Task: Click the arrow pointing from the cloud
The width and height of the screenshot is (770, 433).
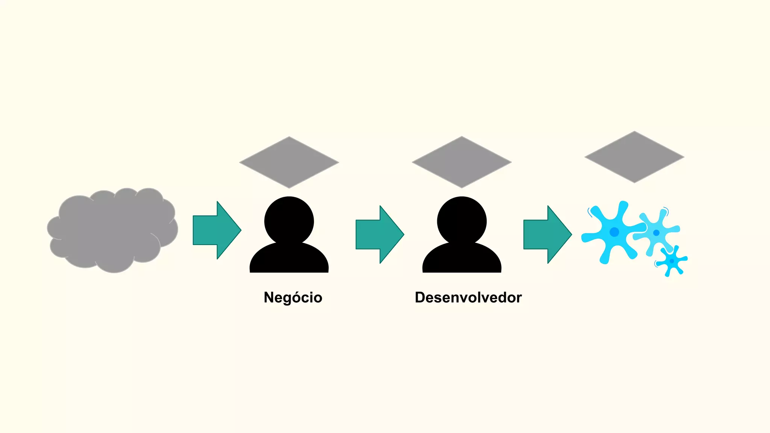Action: [214, 230]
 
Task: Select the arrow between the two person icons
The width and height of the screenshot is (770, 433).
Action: [377, 235]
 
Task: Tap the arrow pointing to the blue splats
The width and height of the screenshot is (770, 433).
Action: [545, 235]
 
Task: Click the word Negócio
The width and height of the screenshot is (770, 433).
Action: [293, 297]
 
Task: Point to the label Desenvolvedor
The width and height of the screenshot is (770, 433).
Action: [468, 297]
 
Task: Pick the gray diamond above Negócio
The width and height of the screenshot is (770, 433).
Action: [289, 162]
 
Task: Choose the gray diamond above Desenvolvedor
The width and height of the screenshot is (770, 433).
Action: [462, 162]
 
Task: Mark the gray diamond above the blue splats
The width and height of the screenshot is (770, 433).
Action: [634, 157]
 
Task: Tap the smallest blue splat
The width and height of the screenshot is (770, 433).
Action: [672, 261]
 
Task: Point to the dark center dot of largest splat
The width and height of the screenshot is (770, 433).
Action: [614, 232]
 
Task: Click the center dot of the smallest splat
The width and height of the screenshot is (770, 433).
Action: [672, 261]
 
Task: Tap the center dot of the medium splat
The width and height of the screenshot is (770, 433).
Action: [656, 232]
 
